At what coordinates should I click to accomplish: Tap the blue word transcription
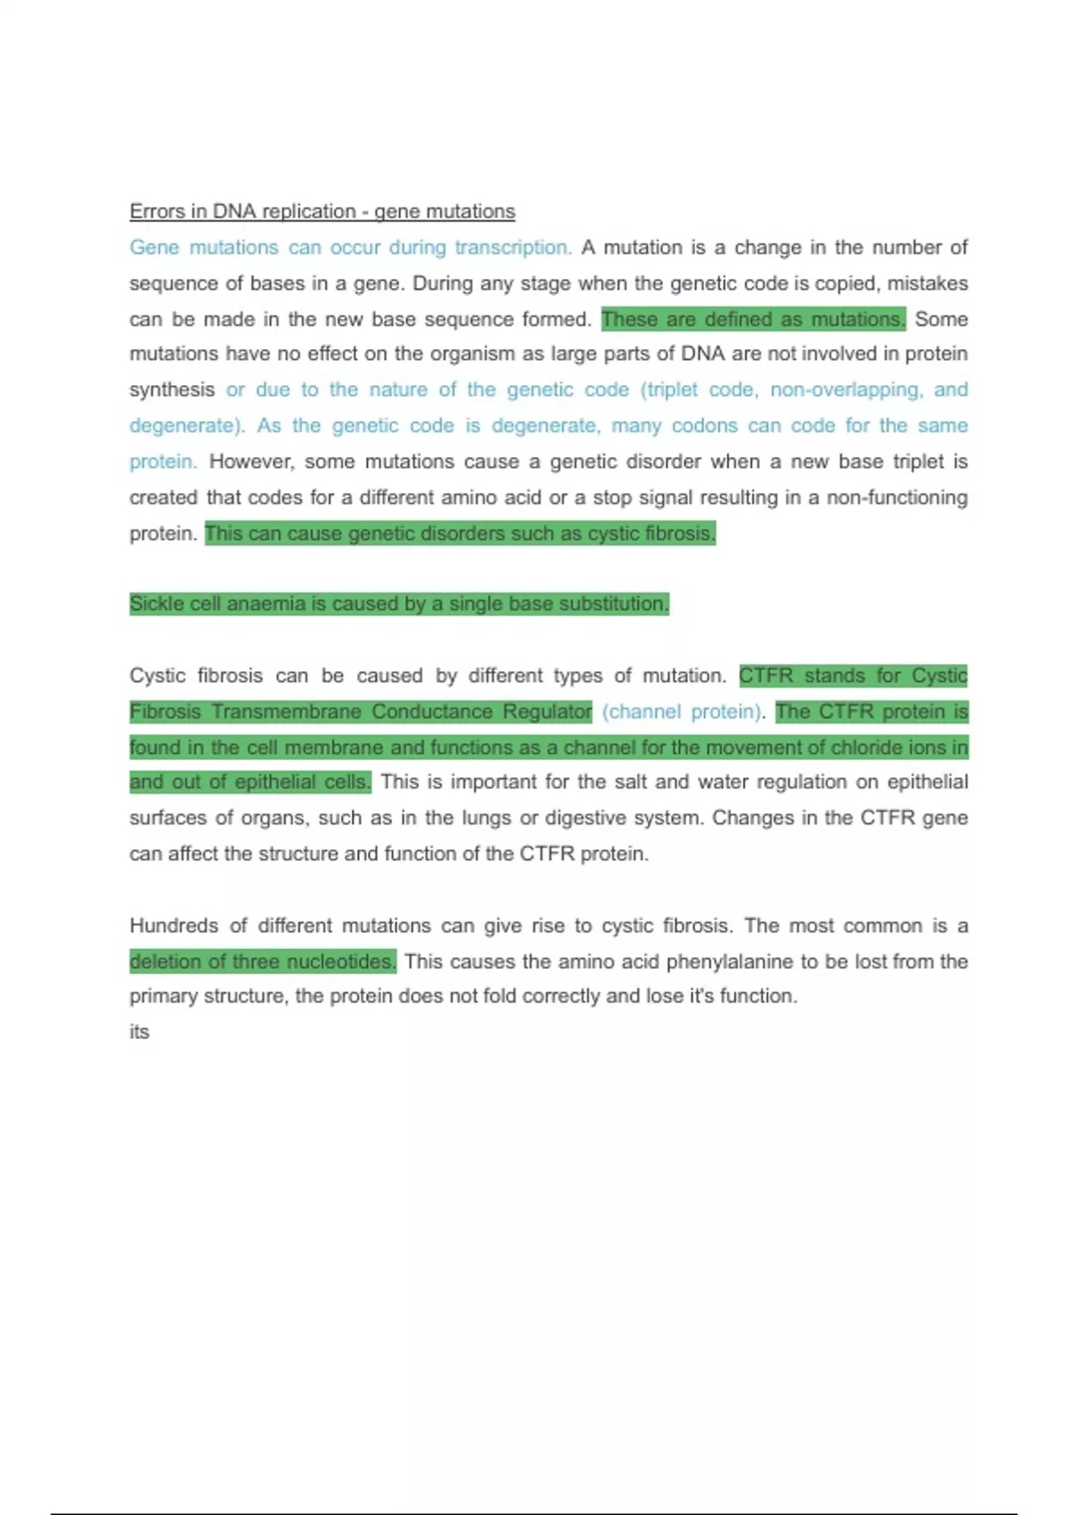point(512,247)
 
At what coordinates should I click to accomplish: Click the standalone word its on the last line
point(139,1032)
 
